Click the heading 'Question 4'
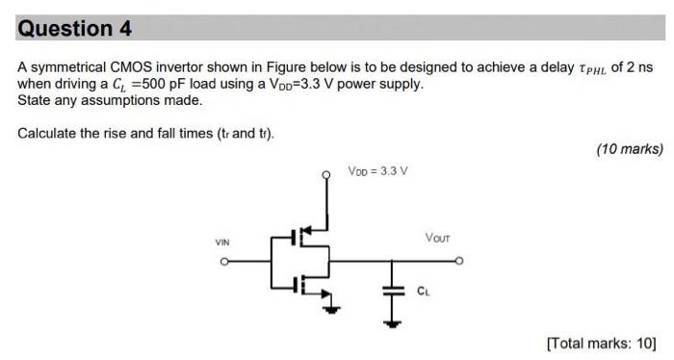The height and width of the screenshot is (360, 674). [74, 28]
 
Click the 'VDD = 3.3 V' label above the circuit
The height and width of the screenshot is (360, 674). [377, 170]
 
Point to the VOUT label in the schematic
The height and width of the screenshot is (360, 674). [437, 237]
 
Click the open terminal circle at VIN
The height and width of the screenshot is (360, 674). [223, 260]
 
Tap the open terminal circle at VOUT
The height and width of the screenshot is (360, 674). [460, 260]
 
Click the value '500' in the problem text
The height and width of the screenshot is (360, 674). [144, 84]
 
